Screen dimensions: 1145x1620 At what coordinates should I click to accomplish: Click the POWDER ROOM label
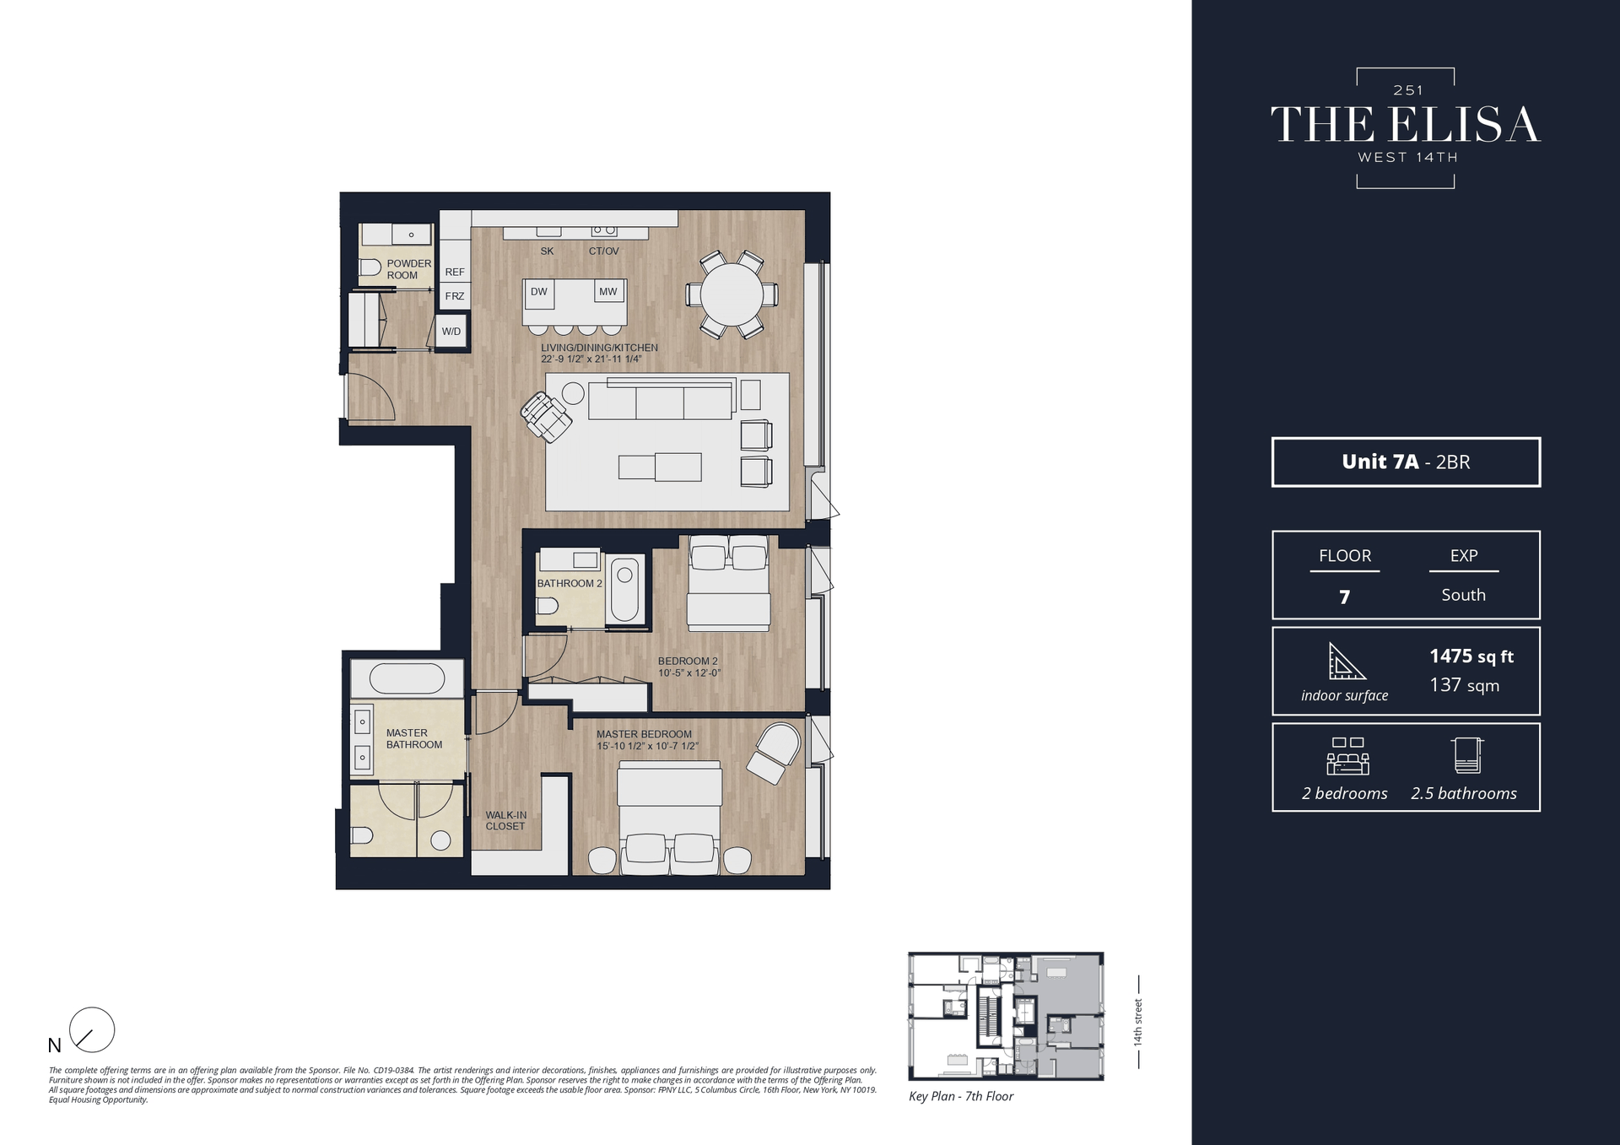[408, 269]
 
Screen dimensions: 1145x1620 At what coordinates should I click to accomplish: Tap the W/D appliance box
[451, 332]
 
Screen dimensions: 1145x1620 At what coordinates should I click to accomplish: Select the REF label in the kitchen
[455, 272]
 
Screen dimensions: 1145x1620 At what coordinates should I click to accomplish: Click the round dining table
[732, 294]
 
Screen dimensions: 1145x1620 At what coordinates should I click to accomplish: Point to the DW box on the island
[539, 292]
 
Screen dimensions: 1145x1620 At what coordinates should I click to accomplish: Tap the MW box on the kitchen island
[608, 292]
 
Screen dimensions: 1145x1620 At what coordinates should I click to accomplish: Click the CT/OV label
[603, 251]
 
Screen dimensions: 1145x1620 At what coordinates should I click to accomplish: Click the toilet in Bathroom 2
[548, 606]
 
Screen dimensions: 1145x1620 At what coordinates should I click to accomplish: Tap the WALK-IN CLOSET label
[505, 821]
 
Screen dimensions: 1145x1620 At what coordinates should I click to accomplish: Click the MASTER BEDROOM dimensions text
[647, 746]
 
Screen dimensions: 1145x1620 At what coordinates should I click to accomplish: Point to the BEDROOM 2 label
[688, 662]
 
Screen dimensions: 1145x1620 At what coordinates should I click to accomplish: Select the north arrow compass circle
[92, 1029]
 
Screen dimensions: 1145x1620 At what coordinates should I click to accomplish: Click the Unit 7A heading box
[1406, 462]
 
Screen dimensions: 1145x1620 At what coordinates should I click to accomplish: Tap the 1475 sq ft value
[1471, 656]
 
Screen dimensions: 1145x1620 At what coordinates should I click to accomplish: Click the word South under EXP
[1463, 595]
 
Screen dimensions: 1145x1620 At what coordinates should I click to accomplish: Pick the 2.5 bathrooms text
[1464, 793]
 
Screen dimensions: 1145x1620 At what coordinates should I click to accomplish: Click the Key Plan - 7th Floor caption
[961, 1096]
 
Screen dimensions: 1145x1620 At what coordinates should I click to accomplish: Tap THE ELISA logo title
[1406, 125]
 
